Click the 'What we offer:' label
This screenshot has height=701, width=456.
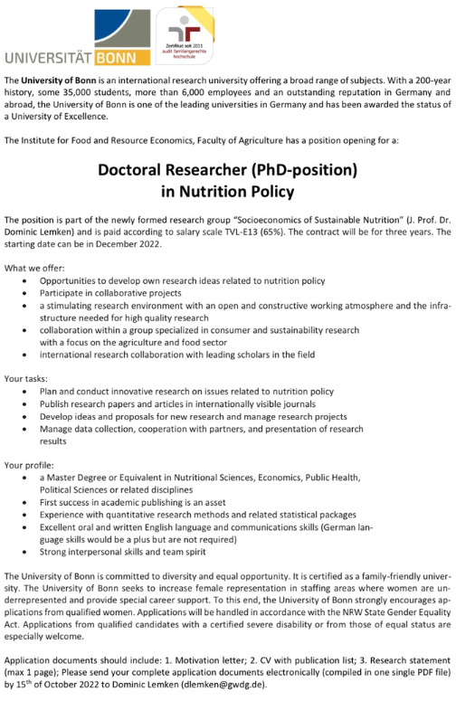coord(33,268)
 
